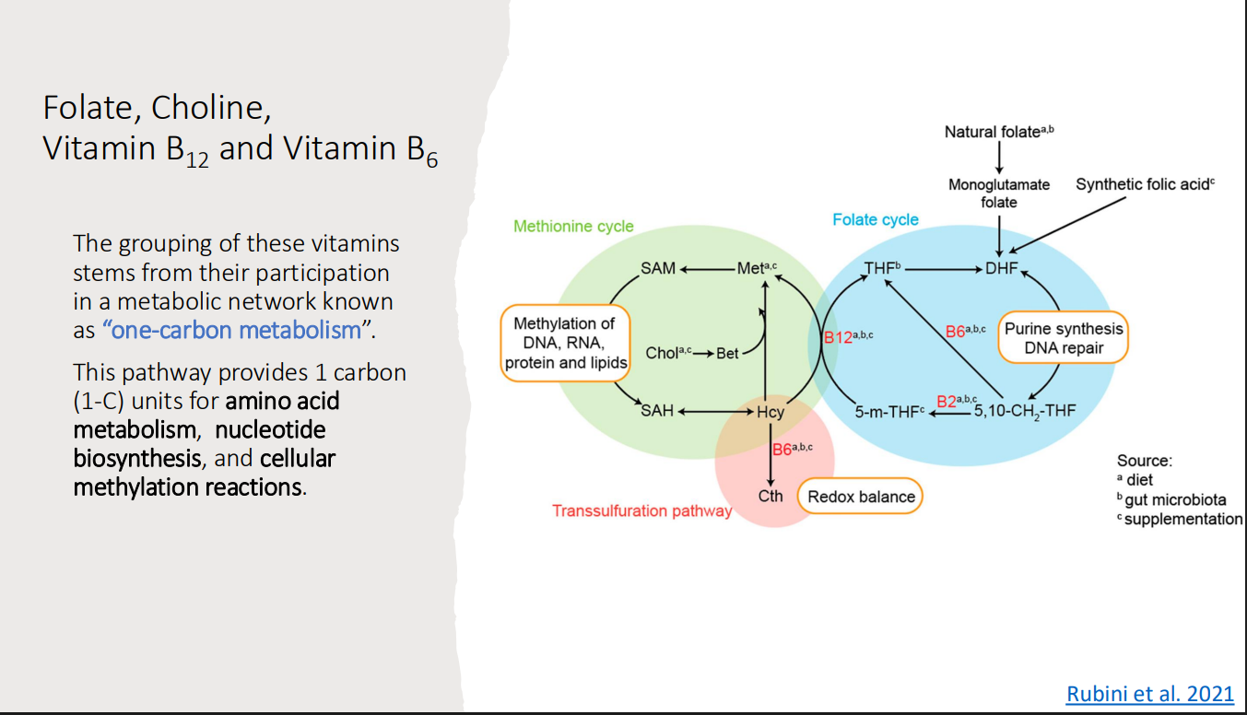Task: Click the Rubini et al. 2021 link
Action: (1149, 694)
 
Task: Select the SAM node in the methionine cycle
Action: (657, 268)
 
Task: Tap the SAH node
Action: (657, 411)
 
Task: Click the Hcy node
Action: (771, 412)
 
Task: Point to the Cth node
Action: (771, 496)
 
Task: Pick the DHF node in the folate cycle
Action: (1000, 268)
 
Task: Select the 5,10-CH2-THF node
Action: (1024, 412)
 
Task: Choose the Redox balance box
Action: (861, 497)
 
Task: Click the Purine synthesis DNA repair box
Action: (1064, 339)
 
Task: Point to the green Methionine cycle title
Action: (573, 226)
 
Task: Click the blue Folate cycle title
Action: (875, 219)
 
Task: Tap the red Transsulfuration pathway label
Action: (641, 510)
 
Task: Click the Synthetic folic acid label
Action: (1145, 184)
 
